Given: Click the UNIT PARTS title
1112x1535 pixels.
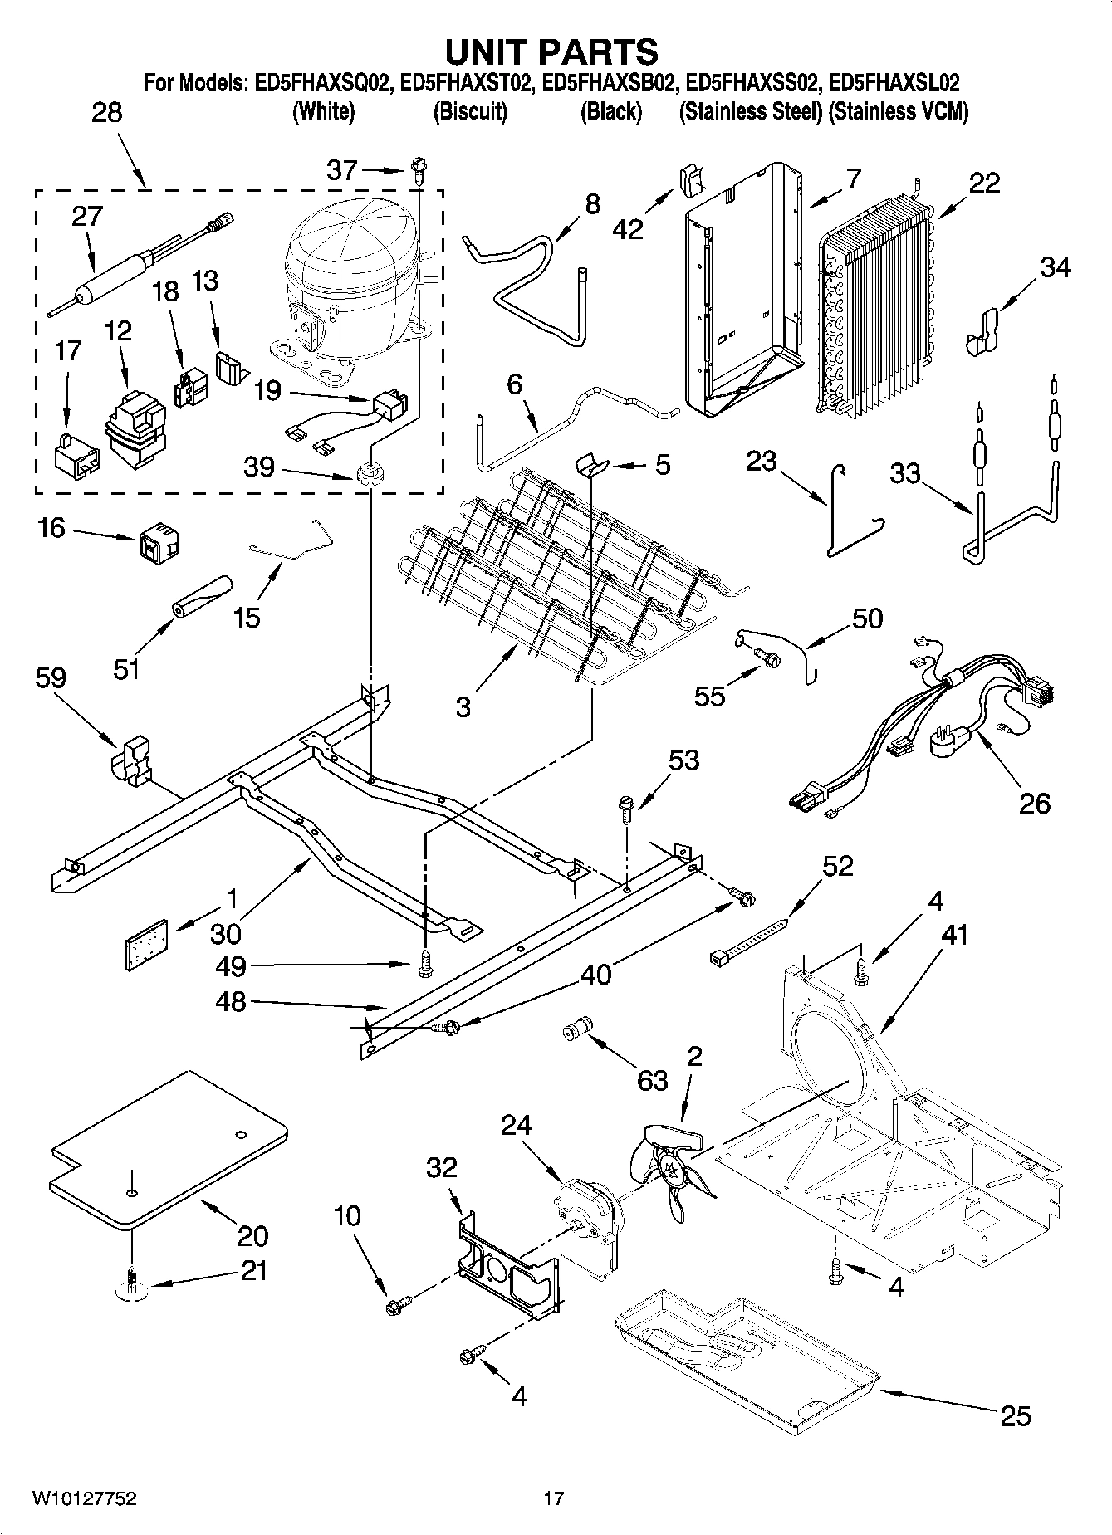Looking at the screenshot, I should coord(551,51).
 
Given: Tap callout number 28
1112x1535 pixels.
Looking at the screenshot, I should coord(106,112).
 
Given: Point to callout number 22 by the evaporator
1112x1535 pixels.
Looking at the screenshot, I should coord(984,183).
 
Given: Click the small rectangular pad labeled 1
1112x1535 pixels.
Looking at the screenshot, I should coord(147,943).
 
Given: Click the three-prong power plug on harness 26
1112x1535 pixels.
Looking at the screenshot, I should coord(952,739).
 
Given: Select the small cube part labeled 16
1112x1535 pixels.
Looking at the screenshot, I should coord(161,540).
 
